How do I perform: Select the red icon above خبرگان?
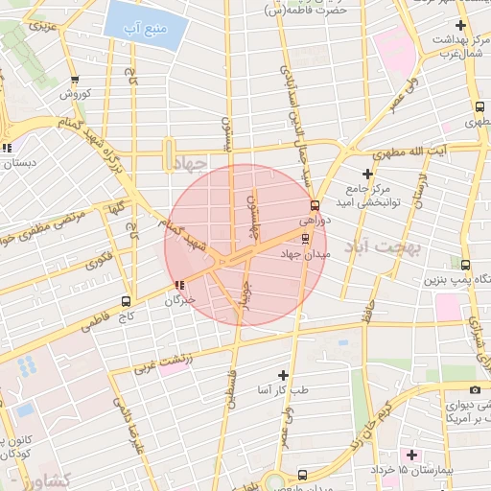180,284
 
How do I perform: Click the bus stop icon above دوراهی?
316,205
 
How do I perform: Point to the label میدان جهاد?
306,255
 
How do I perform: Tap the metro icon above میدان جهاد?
306,238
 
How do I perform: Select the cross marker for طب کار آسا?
282,374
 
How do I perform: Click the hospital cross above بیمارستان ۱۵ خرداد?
413,454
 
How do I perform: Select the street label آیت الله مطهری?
438,152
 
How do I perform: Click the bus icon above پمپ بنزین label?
466,266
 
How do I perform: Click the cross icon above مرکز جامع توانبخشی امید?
367,173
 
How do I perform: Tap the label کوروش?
75,94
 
